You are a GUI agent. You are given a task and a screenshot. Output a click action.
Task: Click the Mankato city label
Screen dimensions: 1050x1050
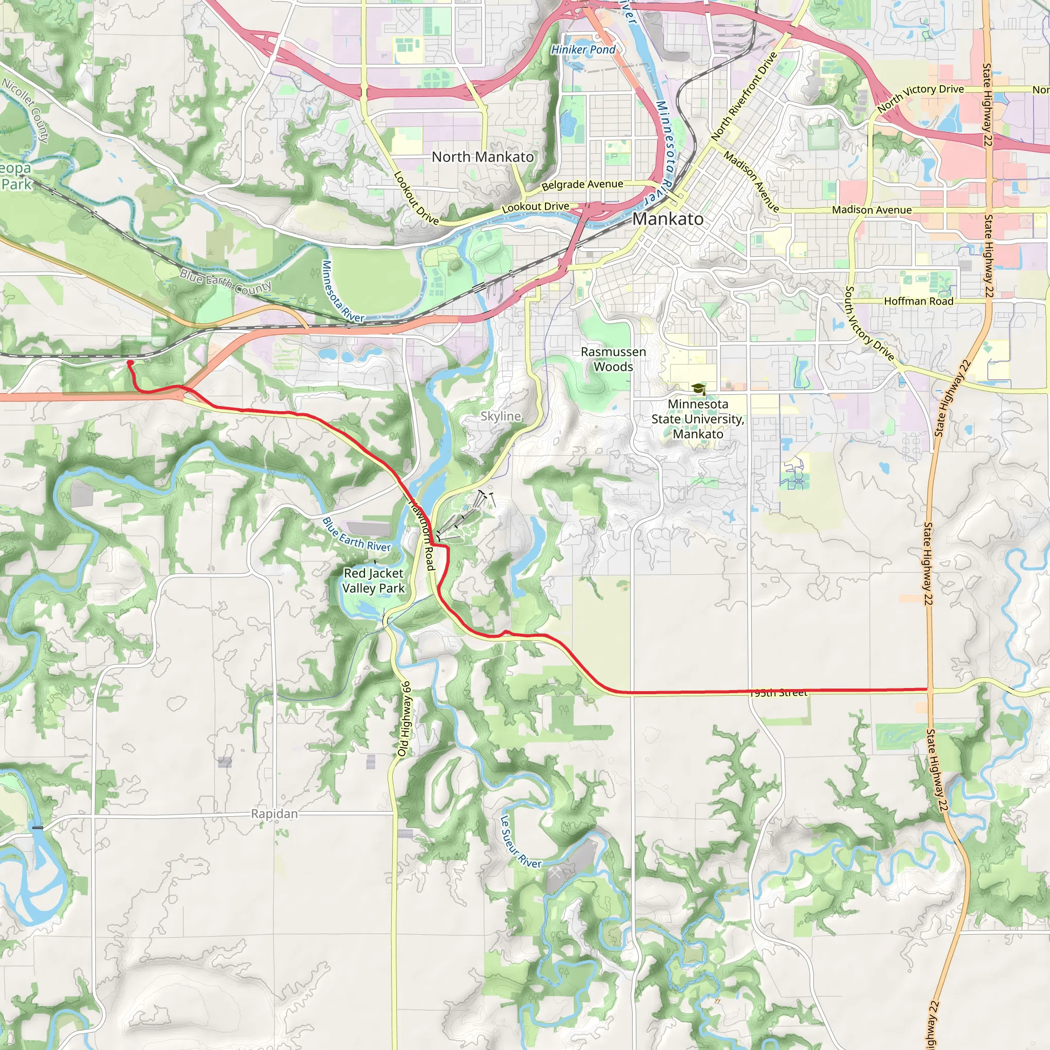tap(668, 219)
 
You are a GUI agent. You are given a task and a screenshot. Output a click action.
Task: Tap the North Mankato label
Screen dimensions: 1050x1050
tap(482, 157)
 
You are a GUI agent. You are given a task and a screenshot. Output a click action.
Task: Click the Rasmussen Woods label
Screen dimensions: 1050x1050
tap(613, 359)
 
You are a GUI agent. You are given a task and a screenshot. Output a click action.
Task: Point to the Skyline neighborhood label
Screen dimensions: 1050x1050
tap(500, 416)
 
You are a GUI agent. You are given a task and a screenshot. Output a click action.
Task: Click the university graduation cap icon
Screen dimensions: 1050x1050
tap(698, 389)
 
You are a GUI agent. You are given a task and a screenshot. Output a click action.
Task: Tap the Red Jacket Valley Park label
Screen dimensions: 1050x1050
tap(374, 580)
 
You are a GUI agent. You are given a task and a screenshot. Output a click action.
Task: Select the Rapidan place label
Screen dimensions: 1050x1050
tap(274, 814)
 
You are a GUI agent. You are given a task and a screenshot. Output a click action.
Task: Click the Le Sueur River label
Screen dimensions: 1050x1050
tap(520, 841)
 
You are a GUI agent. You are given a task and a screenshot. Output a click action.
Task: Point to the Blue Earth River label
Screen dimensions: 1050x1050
tap(356, 535)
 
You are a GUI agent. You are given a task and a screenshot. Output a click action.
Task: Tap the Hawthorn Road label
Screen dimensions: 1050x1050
tap(422, 535)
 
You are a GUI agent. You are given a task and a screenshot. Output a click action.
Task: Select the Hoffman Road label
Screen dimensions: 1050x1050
tap(918, 301)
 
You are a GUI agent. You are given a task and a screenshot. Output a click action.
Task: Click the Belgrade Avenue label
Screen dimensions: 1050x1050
tap(582, 185)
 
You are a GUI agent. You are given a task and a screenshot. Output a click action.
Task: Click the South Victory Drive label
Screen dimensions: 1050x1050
tap(869, 324)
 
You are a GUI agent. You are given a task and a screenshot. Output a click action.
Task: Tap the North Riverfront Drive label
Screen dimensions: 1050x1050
tap(744, 96)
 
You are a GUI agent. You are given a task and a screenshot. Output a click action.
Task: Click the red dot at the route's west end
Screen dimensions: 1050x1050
tap(130, 362)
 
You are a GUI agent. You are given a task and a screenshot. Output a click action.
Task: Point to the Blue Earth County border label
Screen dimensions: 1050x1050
tap(226, 281)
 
